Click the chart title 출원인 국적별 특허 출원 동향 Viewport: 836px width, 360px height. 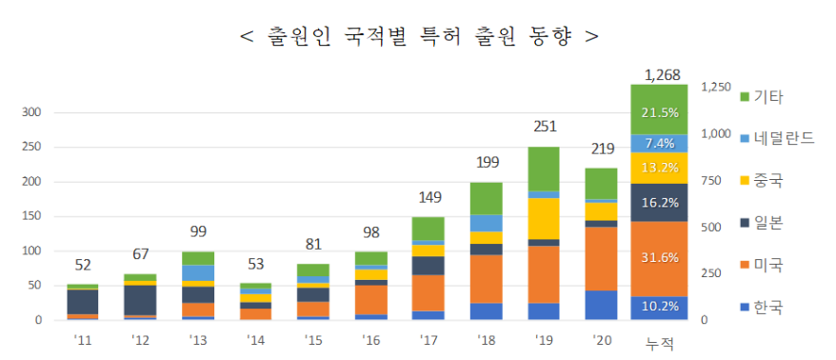click(419, 36)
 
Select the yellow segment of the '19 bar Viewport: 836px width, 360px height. click(543, 218)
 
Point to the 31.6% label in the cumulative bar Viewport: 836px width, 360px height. click(659, 259)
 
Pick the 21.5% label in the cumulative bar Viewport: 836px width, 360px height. click(659, 111)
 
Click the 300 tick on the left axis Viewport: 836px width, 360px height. click(31, 112)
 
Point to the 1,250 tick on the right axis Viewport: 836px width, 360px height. click(715, 87)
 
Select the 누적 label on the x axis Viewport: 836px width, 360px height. click(659, 341)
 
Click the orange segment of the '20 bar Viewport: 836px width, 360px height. click(601, 258)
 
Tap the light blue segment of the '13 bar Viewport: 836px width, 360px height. click(198, 273)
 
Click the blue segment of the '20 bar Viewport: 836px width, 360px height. click(601, 305)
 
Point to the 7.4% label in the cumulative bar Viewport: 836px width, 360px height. click(659, 144)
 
